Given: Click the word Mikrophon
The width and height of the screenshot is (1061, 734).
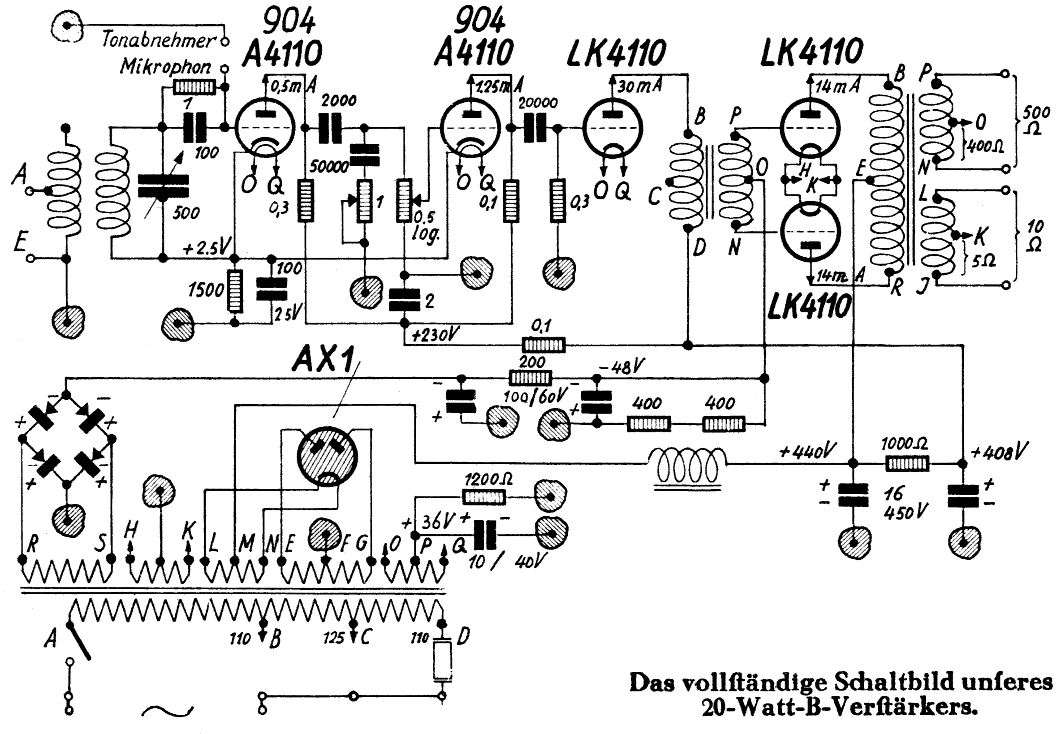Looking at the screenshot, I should (165, 67).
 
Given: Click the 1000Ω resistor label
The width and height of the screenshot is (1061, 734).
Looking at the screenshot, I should (904, 444).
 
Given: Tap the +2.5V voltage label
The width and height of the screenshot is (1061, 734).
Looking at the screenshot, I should (206, 249).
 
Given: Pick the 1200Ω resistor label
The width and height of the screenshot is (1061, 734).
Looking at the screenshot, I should (489, 480).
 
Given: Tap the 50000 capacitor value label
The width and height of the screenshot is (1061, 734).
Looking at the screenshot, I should (329, 168).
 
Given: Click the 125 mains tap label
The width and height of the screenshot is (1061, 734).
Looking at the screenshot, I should (333, 639).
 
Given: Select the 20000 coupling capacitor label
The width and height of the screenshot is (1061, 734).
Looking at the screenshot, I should (538, 103).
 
